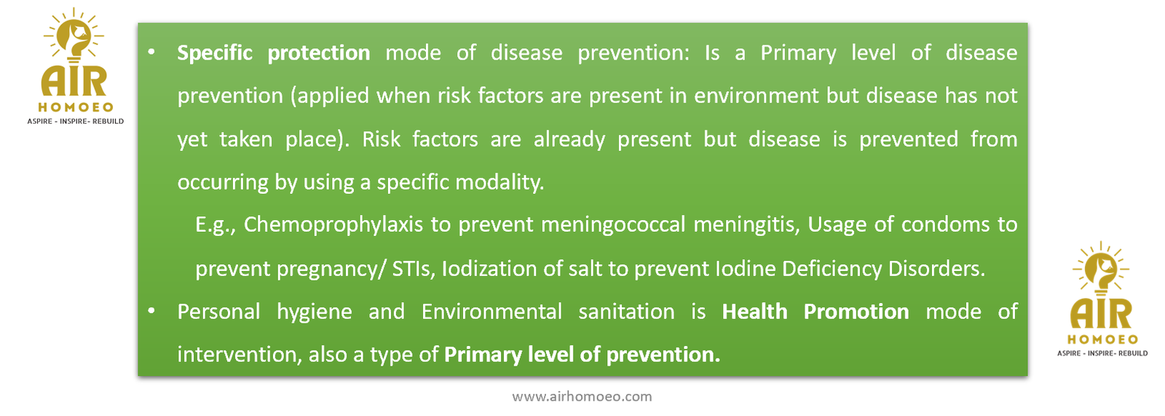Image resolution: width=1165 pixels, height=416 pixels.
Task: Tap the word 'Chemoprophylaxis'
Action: (x=333, y=225)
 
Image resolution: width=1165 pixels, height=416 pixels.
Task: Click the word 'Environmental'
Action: (x=491, y=311)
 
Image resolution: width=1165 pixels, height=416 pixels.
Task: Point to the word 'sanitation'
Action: (x=626, y=311)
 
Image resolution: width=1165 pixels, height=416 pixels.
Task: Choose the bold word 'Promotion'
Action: (x=856, y=311)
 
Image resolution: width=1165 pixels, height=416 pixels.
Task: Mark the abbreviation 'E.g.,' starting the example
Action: (x=216, y=225)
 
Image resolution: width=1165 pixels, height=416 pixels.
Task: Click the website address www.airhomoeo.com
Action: (x=582, y=397)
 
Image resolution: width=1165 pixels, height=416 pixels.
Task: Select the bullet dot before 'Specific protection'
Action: (x=151, y=52)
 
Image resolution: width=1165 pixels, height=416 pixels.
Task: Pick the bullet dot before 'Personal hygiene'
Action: (x=151, y=311)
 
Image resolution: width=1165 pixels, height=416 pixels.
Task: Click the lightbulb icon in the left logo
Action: (x=74, y=36)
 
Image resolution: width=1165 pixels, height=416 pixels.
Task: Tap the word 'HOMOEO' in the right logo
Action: (x=1102, y=340)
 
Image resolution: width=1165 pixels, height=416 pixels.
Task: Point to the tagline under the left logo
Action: (x=76, y=122)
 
